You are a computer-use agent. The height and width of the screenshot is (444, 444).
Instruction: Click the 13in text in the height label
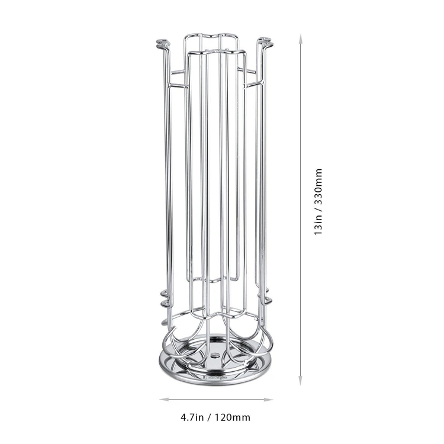318,225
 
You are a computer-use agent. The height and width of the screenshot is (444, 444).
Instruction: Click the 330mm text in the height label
318,185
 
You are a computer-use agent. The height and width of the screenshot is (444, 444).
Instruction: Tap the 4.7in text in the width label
192,417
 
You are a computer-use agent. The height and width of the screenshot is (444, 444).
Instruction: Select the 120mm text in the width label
232,417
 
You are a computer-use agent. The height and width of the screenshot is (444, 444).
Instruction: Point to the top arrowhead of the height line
300,39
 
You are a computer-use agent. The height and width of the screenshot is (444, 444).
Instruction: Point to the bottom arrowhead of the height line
300,380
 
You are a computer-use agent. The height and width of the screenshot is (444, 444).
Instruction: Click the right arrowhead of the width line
268,400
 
